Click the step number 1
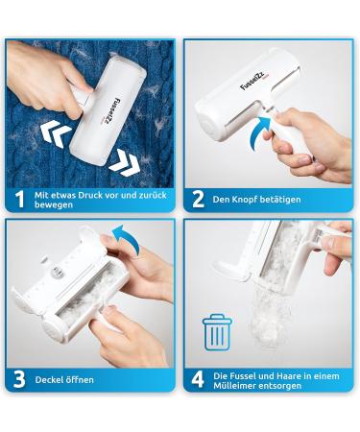[20, 199]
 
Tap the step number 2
[198, 199]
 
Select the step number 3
[19, 379]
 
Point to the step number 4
[198, 379]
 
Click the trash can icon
[216, 332]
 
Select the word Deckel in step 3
[48, 380]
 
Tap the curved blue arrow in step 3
[128, 238]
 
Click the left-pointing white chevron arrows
[56, 133]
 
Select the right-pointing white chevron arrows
[124, 162]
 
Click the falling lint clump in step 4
[272, 315]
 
